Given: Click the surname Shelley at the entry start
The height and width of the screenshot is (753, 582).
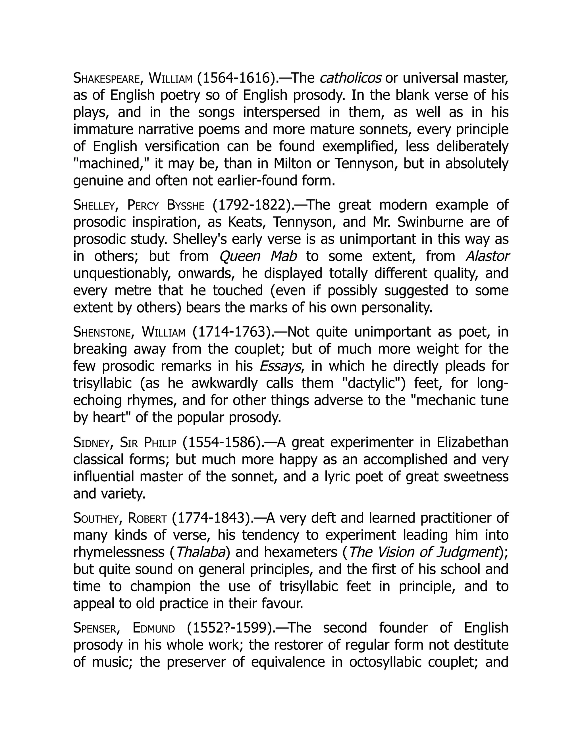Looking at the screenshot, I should click(x=94, y=205).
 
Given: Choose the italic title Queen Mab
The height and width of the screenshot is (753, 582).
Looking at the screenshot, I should click(x=258, y=256).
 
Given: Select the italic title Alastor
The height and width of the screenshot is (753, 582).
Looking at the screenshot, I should click(x=487, y=256).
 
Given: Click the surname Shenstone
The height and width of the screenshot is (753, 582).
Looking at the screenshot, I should click(x=102, y=332).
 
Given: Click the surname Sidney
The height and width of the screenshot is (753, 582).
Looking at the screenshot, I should click(x=92, y=443).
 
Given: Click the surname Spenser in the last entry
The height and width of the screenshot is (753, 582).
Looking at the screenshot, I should click(x=95, y=628).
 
